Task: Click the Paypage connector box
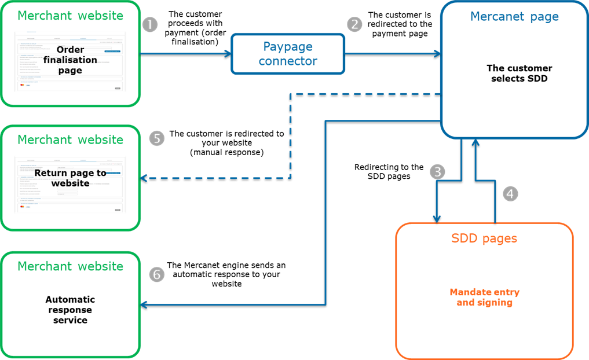click(x=288, y=54)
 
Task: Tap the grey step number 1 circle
click(x=149, y=25)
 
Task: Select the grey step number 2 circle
click(x=354, y=24)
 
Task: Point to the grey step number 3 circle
click(x=438, y=172)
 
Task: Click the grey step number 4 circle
click(x=510, y=194)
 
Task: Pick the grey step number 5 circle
click(x=157, y=139)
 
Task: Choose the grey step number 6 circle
click(x=157, y=274)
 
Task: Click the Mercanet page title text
click(x=514, y=17)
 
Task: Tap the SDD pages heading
click(x=484, y=238)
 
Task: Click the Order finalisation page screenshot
click(x=70, y=61)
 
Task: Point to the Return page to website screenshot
click(x=70, y=184)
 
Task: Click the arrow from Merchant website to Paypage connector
click(x=185, y=54)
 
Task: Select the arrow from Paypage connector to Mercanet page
click(x=394, y=54)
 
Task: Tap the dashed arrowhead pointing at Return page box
click(x=145, y=178)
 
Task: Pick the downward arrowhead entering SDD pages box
click(x=437, y=218)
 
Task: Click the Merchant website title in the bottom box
click(x=70, y=266)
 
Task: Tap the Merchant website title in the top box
click(x=70, y=15)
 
